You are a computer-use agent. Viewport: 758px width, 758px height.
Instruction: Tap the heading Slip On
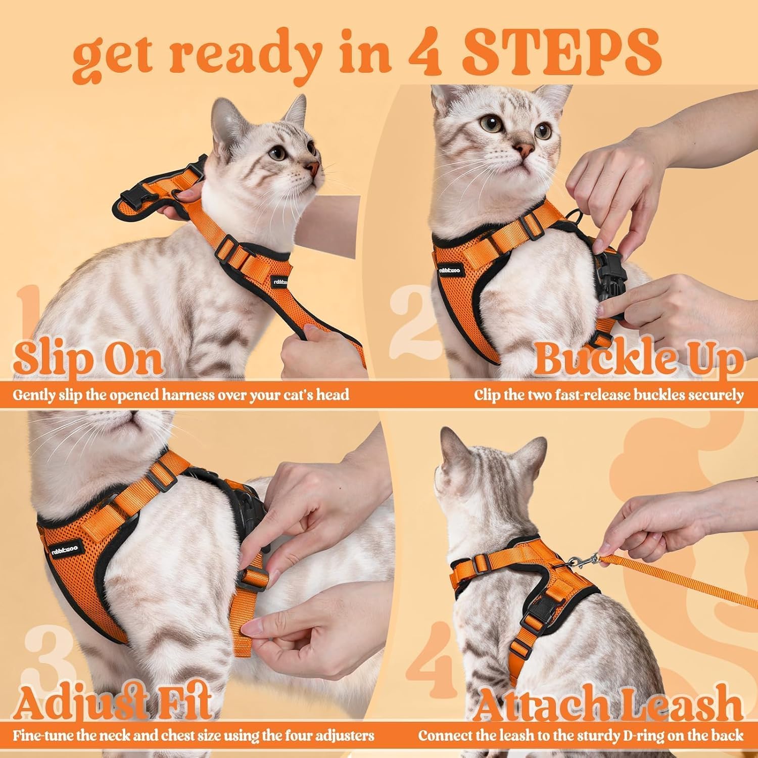(88, 358)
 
